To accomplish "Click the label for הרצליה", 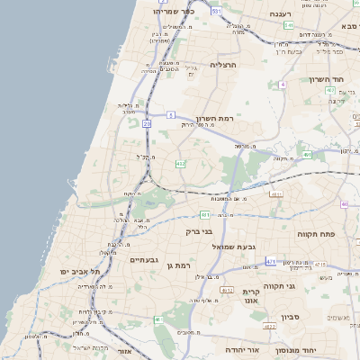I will (222, 65).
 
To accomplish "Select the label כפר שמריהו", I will (173, 12).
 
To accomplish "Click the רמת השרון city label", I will (214, 119).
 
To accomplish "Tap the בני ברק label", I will (198, 231).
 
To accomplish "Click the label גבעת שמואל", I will (235, 246).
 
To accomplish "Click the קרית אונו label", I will (251, 297).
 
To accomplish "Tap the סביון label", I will (289, 317).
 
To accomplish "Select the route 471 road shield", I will (271, 261).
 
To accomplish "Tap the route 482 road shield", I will (180, 164).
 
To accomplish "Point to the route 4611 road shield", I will (275, 193).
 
